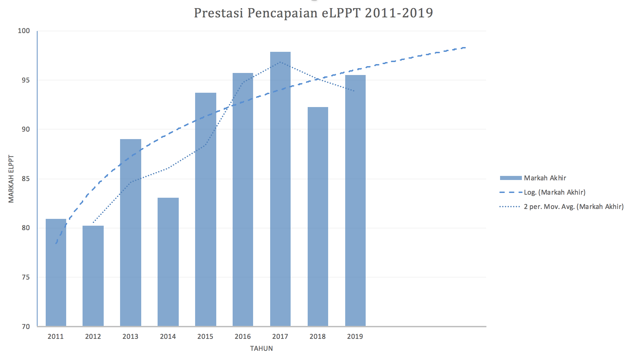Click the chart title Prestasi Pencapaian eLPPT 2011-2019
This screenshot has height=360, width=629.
313,13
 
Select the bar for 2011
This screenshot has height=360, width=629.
56,273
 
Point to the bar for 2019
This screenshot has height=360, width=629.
355,201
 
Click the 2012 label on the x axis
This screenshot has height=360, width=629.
93,336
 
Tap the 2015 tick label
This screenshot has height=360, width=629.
205,336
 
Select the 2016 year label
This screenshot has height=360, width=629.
243,336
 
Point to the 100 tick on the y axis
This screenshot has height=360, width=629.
24,31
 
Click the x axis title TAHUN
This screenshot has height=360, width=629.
262,348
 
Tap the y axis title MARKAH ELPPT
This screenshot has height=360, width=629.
11,179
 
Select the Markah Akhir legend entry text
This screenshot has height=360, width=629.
545,178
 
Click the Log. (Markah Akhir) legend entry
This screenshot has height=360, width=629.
555,192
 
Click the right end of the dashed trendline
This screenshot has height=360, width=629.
465,48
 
